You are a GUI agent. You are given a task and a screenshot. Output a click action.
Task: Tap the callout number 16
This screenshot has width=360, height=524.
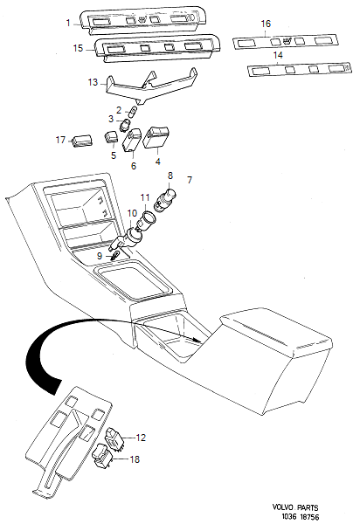[267, 24]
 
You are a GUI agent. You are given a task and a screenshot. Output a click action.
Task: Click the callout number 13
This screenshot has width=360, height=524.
[93, 81]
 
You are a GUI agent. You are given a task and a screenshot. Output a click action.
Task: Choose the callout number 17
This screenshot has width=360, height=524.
[61, 139]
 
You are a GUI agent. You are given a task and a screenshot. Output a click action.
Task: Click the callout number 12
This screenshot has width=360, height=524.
[142, 437]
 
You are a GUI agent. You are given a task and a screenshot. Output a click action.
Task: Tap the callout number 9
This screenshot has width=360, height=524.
[100, 255]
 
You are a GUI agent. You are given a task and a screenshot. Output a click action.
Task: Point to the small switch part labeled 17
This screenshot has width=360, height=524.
[83, 139]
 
